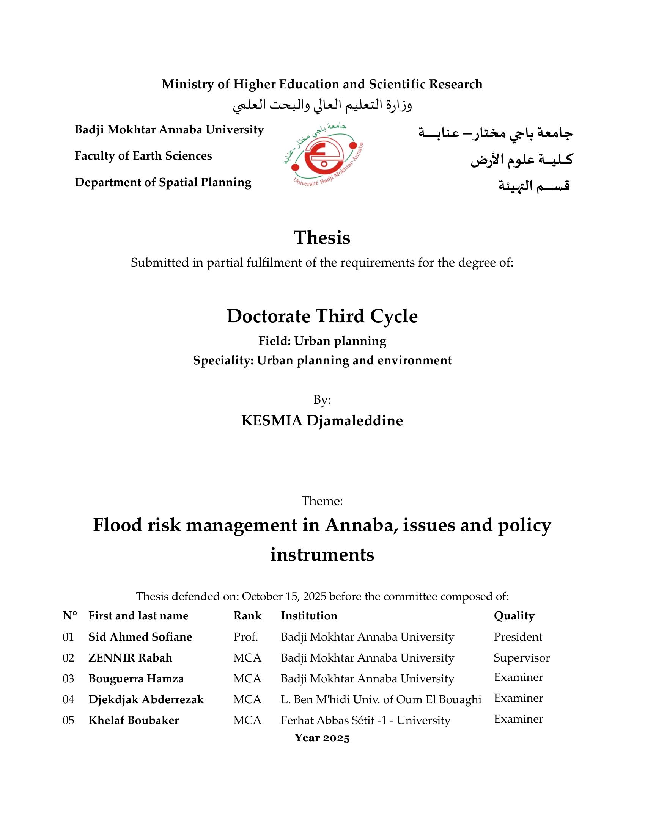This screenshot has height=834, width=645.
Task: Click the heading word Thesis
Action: pyautogui.click(x=322, y=238)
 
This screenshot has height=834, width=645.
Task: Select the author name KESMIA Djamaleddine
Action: pyautogui.click(x=322, y=420)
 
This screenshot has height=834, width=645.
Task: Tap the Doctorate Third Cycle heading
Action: pyautogui.click(x=322, y=316)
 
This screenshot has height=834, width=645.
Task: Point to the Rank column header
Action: pyautogui.click(x=248, y=616)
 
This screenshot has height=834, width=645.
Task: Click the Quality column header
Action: pyautogui.click(x=514, y=616)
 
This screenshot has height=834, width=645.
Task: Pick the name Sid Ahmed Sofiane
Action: pyautogui.click(x=140, y=637)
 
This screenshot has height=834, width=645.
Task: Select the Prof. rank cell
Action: pyautogui.click(x=246, y=637)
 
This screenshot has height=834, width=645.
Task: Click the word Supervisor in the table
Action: pyautogui.click(x=522, y=658)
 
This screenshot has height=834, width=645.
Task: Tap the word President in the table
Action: pyautogui.click(x=518, y=637)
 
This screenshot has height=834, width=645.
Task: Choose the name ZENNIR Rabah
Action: pyautogui.click(x=130, y=658)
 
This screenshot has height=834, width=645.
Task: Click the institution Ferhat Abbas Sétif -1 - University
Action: pyautogui.click(x=365, y=720)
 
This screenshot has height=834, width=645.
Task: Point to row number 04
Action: pyautogui.click(x=68, y=699)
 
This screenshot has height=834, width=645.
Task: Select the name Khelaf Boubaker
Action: pyautogui.click(x=134, y=720)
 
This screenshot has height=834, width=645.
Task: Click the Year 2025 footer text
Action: pyautogui.click(x=322, y=738)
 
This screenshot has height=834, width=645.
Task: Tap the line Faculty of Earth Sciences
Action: pyautogui.click(x=143, y=156)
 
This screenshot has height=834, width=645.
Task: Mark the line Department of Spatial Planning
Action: pyautogui.click(x=163, y=182)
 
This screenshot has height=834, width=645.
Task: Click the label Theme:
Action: pyautogui.click(x=322, y=501)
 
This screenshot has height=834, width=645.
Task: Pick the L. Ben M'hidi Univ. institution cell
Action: pyautogui.click(x=381, y=699)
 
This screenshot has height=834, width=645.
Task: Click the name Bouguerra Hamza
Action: pyautogui.click(x=136, y=679)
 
